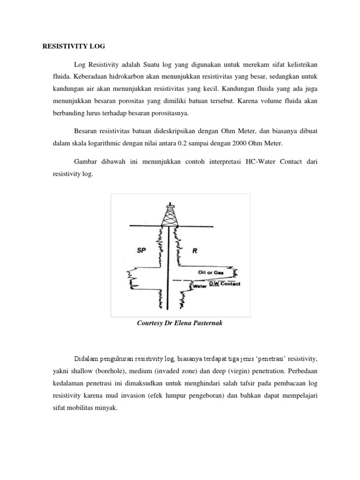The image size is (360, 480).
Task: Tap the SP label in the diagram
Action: pos(141,251)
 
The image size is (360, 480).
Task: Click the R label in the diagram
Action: pos(195,251)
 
